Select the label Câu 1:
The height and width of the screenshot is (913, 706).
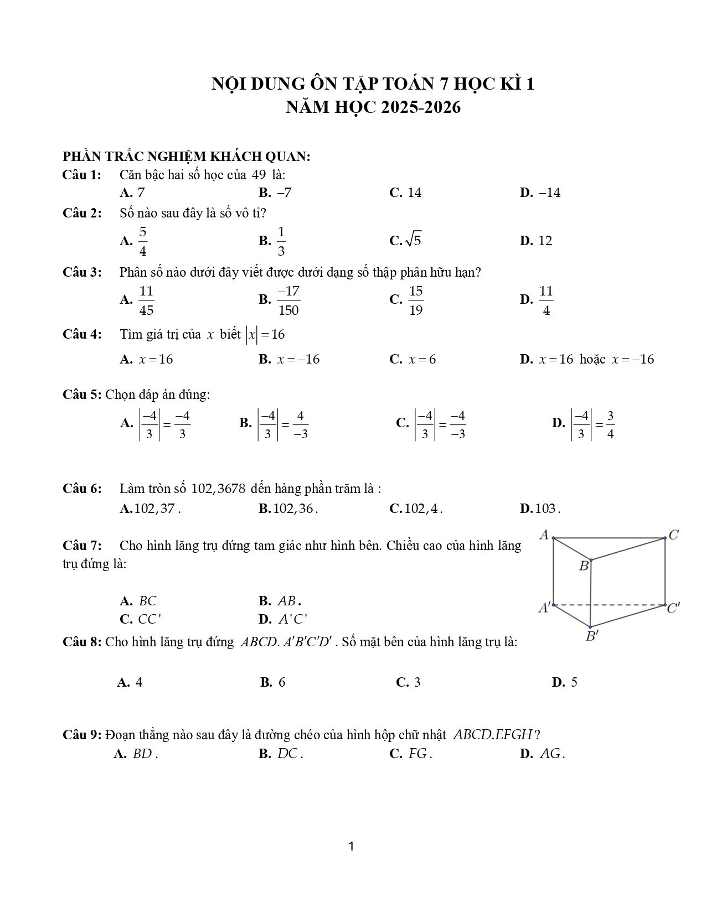click(x=82, y=175)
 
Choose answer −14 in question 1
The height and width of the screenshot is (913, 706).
click(x=549, y=193)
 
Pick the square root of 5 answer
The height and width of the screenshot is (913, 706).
click(x=413, y=240)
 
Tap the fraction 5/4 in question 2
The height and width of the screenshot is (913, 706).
click(x=142, y=241)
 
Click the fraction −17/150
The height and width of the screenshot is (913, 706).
click(x=288, y=300)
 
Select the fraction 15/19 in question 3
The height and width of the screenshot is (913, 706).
click(x=416, y=300)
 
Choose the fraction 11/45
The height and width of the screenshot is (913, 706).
click(x=146, y=300)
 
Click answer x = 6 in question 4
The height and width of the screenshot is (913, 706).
click(x=422, y=359)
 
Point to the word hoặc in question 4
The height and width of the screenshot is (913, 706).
click(x=592, y=359)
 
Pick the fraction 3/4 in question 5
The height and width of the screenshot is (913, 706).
click(x=610, y=424)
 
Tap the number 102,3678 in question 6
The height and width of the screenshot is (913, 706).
click(x=218, y=489)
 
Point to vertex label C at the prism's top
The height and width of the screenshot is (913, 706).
click(x=673, y=535)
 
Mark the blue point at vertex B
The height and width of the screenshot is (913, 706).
click(x=591, y=560)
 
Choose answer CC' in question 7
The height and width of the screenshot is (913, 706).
click(x=150, y=619)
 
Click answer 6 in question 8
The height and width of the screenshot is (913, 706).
click(x=282, y=682)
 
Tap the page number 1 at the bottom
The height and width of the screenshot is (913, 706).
click(x=352, y=846)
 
